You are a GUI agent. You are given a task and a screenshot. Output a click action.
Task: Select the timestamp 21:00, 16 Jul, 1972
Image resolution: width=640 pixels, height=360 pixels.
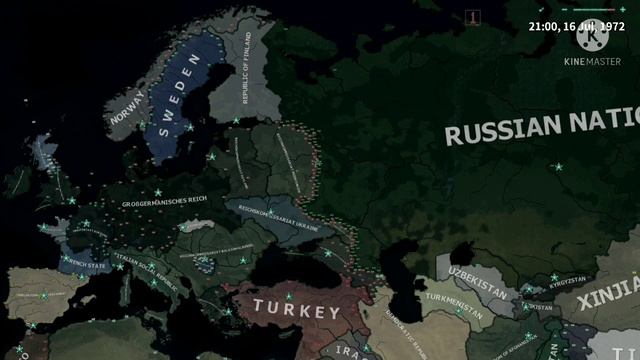[x=569, y=26]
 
